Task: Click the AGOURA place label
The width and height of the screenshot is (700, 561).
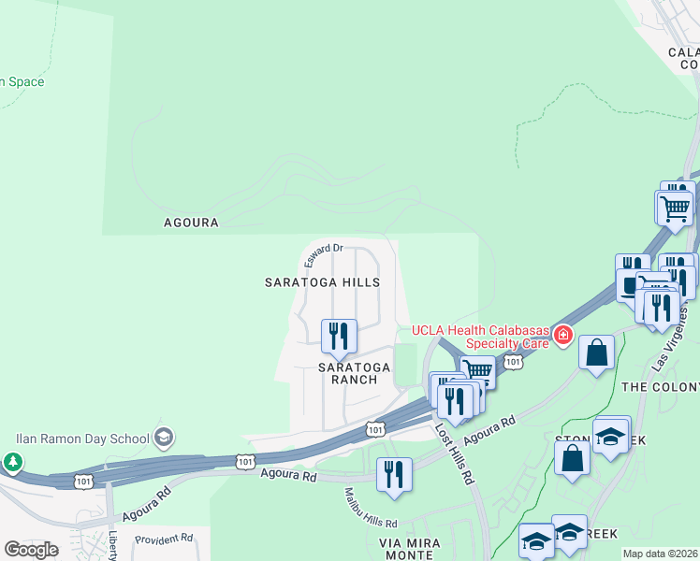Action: pos(191,223)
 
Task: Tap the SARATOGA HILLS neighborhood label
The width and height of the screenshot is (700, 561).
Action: pos(322,281)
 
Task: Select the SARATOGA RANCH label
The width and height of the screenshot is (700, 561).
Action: pos(347,373)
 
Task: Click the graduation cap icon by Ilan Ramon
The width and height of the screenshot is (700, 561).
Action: pos(164,437)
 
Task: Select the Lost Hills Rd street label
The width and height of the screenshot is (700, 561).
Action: pos(456,453)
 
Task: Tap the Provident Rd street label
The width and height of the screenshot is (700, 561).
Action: pos(164,539)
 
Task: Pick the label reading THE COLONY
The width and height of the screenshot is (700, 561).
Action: pos(660,386)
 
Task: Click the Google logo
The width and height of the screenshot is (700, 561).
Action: pos(31,550)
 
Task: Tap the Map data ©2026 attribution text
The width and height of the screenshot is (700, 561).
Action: pos(660,554)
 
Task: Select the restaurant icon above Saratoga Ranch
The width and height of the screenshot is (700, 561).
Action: pos(339,336)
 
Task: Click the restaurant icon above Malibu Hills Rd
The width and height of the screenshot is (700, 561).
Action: pos(394,473)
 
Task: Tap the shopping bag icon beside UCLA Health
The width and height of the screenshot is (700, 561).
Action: pos(596,352)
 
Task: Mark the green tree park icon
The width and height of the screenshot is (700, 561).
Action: pos(12,462)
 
